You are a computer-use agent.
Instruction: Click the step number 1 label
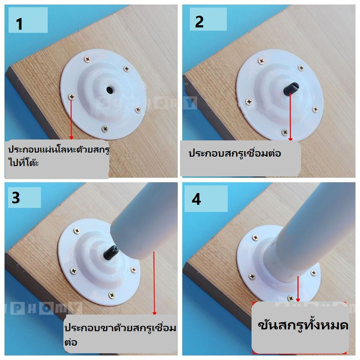click(19, 24)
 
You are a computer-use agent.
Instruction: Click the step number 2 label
click(199, 22)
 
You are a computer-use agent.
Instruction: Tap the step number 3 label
click(16, 198)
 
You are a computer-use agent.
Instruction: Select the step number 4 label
click(196, 199)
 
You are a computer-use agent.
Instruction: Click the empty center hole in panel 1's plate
click(110, 90)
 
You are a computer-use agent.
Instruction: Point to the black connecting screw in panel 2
click(291, 89)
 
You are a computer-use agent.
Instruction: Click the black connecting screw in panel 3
click(111, 252)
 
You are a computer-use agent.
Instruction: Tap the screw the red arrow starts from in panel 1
click(72, 97)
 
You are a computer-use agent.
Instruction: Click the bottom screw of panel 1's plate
click(105, 129)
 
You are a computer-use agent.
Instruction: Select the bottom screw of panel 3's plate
click(112, 295)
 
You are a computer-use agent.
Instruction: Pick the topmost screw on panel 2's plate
click(261, 61)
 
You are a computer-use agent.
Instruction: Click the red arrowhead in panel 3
click(154, 313)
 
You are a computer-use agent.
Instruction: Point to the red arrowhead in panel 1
click(71, 137)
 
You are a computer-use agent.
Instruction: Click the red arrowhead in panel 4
click(298, 300)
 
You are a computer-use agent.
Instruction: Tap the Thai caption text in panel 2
click(234, 153)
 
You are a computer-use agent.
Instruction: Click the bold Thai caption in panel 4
click(303, 324)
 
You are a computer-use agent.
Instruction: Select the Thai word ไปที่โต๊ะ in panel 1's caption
click(23, 162)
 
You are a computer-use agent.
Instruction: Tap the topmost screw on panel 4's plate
click(255, 238)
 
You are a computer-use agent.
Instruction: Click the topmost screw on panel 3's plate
click(76, 231)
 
